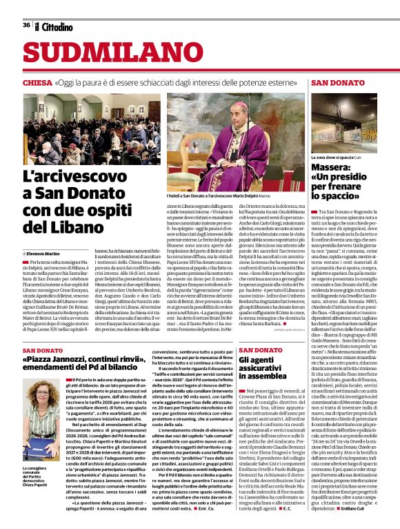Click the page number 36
point(26,26)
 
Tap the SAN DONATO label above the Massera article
point(337,82)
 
